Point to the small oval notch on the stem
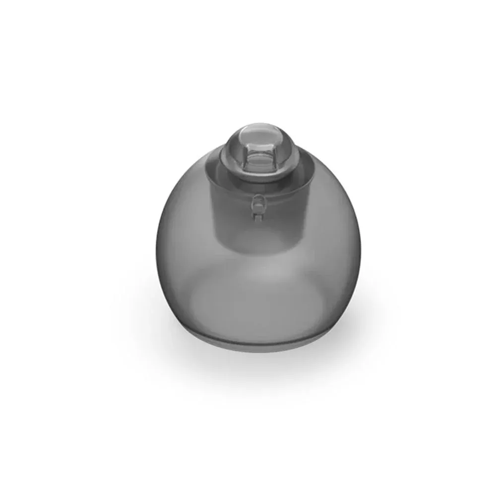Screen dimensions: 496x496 pyautogui.click(x=257, y=203)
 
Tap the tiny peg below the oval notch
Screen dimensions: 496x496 pyautogui.click(x=257, y=216)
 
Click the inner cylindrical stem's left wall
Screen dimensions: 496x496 pyautogui.click(x=214, y=208)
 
